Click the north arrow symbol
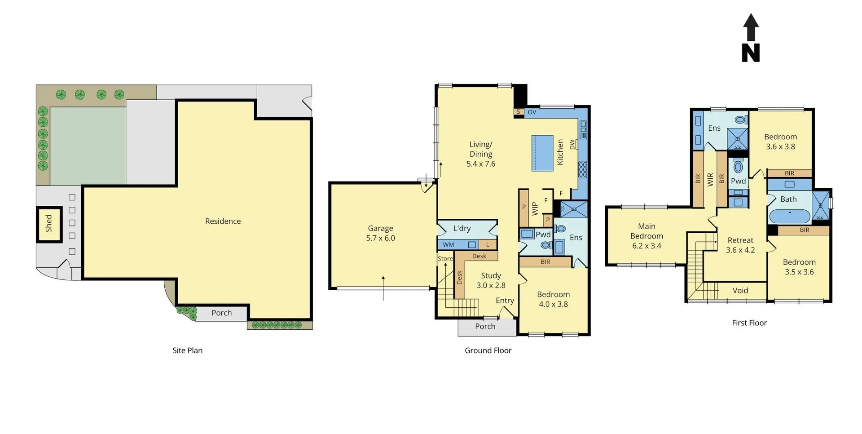(x=751, y=38)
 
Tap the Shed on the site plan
(x=48, y=223)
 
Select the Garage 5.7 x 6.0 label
(x=380, y=233)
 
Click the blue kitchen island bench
(x=542, y=153)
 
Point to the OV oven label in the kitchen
(x=532, y=112)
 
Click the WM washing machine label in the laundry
(x=449, y=245)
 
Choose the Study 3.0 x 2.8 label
(x=491, y=280)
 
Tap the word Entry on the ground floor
(x=505, y=301)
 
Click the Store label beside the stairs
(x=445, y=259)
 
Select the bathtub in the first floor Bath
(x=790, y=216)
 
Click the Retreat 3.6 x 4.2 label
(x=740, y=245)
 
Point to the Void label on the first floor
(x=740, y=291)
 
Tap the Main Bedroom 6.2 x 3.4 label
(x=646, y=236)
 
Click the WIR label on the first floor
(x=710, y=180)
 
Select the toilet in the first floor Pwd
(x=738, y=167)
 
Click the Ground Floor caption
(x=488, y=350)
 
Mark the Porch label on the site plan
(x=221, y=313)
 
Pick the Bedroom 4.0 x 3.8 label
(x=553, y=299)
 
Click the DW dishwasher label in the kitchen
(x=572, y=145)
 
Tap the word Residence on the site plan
(x=223, y=221)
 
